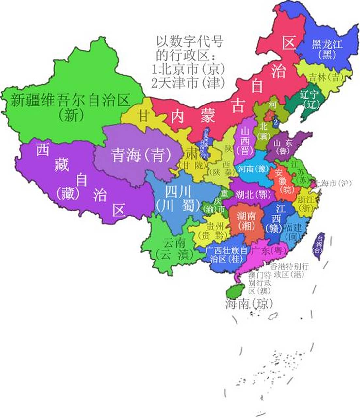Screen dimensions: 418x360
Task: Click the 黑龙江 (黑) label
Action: pyautogui.click(x=327, y=49)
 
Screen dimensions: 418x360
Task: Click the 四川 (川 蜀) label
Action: pyautogui.click(x=178, y=199)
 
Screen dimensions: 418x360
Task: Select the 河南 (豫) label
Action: pyautogui.click(x=253, y=169)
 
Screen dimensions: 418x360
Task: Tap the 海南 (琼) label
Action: pyautogui.click(x=249, y=304)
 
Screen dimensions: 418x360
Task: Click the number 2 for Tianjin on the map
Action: pyautogui.click(x=276, y=122)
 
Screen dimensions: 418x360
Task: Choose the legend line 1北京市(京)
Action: pyautogui.click(x=189, y=69)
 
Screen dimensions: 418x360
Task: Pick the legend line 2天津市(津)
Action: pyautogui.click(x=188, y=83)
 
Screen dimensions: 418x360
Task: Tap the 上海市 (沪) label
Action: pyautogui.click(x=332, y=183)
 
